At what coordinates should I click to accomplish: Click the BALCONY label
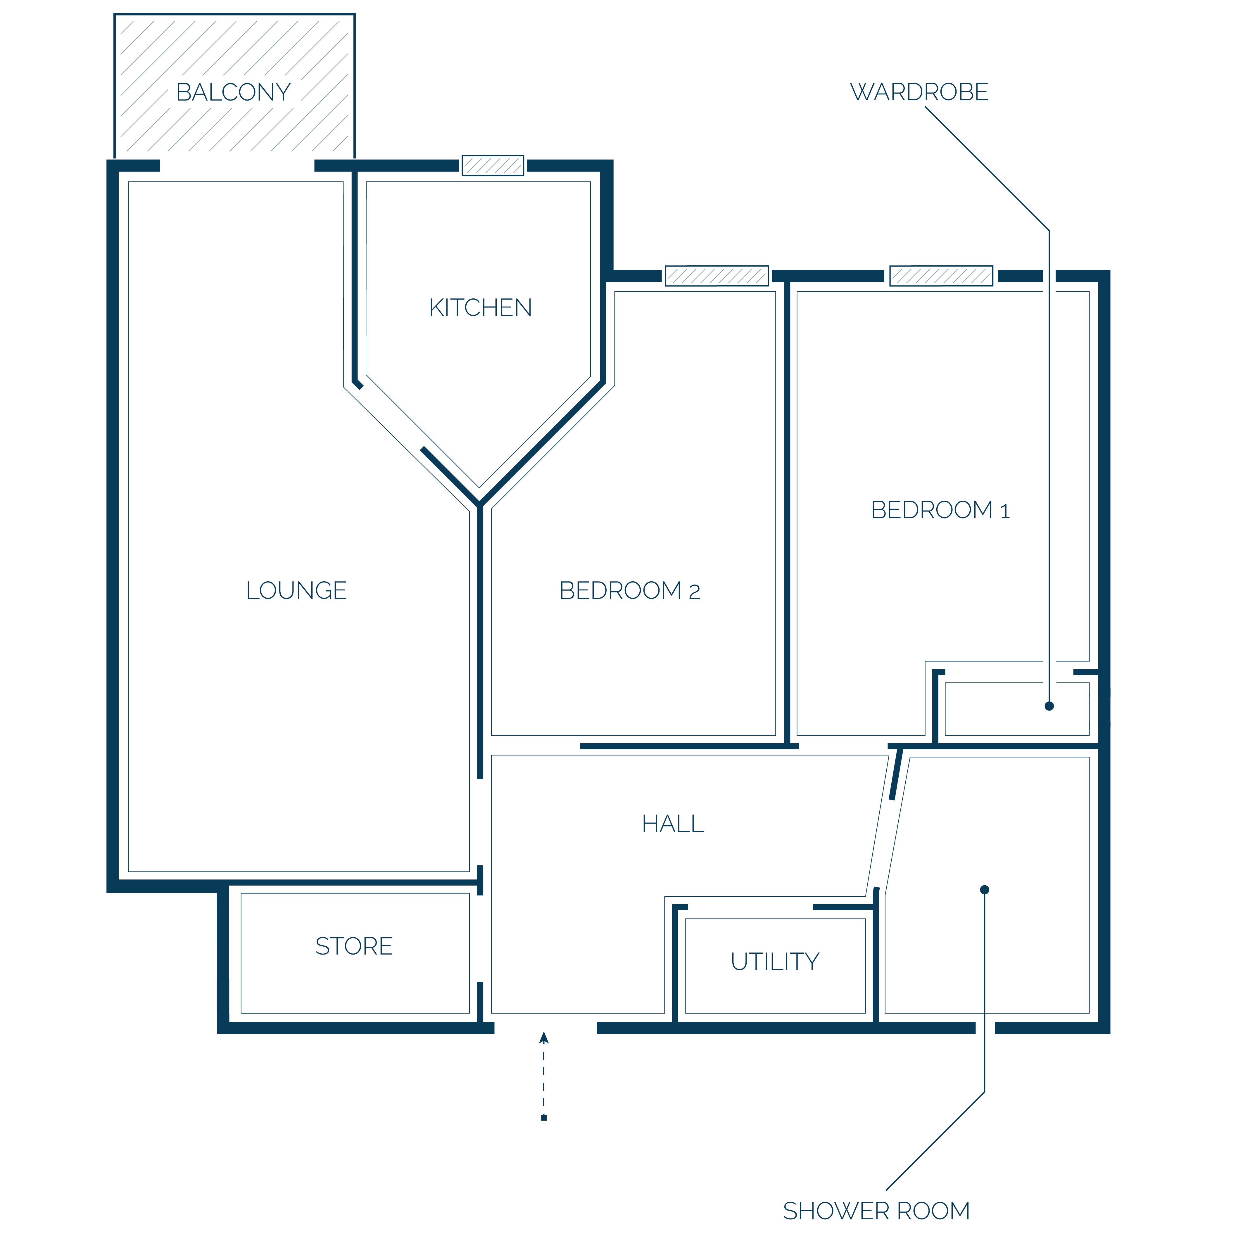234,92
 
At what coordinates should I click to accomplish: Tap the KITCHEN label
481,307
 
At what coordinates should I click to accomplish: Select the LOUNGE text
297,590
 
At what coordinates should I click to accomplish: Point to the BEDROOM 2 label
630,590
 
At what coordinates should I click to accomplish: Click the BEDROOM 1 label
941,509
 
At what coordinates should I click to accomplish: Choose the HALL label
673,824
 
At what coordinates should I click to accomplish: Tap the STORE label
354,946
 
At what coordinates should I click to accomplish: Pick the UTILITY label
775,961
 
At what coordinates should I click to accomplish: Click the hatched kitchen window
493,165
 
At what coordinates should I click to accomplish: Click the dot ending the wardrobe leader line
1049,706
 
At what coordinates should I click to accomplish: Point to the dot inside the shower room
984,890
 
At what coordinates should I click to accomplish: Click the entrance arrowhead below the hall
544,1037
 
